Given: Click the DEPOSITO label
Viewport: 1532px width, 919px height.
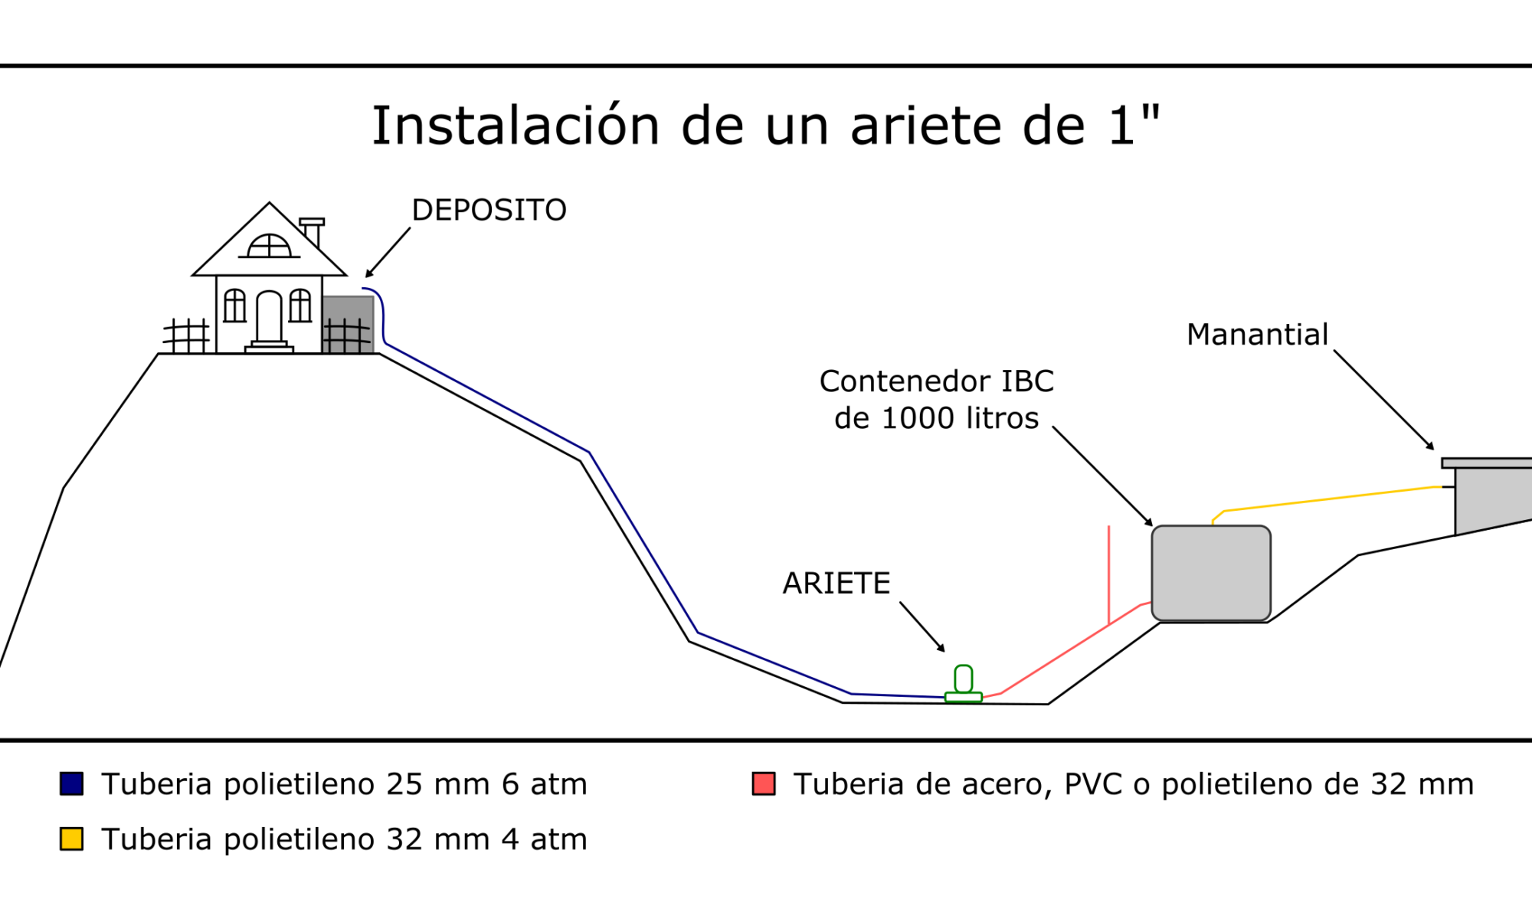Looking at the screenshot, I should pyautogui.click(x=489, y=210).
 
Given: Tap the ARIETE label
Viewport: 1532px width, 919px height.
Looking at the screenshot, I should pyautogui.click(x=836, y=584).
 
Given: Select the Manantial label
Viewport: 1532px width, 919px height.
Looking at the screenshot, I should pyautogui.click(x=1257, y=335).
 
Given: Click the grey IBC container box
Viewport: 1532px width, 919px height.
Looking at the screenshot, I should pyautogui.click(x=1211, y=573).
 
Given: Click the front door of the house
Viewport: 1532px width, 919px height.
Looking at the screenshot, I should pyautogui.click(x=269, y=317).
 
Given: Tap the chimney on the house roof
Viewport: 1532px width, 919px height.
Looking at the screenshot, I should pyautogui.click(x=313, y=231).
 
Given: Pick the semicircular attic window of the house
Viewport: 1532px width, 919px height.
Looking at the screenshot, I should pyautogui.click(x=269, y=246).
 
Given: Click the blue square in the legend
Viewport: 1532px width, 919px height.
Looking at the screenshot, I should pyautogui.click(x=72, y=783).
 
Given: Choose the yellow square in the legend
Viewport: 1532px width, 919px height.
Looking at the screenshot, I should pyautogui.click(x=72, y=839).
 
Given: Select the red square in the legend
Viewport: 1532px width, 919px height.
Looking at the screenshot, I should pyautogui.click(x=764, y=783).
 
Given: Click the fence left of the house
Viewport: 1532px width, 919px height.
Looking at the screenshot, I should pyautogui.click(x=186, y=335).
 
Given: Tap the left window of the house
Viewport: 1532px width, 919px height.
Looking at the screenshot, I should pyautogui.click(x=234, y=306).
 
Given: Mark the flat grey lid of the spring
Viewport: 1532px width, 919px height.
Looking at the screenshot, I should pyautogui.click(x=1486, y=463).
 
